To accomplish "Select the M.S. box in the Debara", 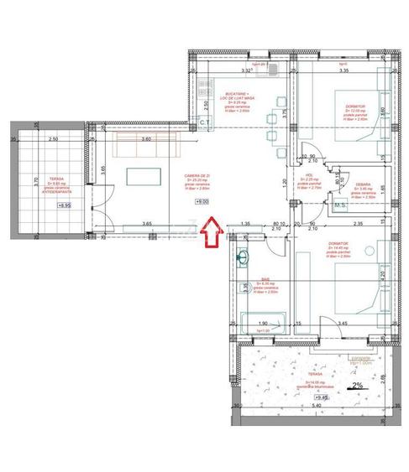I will [x=341, y=205].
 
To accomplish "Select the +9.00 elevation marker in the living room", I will [x=203, y=201].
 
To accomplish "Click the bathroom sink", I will [x=244, y=257].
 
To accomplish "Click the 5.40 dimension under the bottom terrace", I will [x=317, y=406].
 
